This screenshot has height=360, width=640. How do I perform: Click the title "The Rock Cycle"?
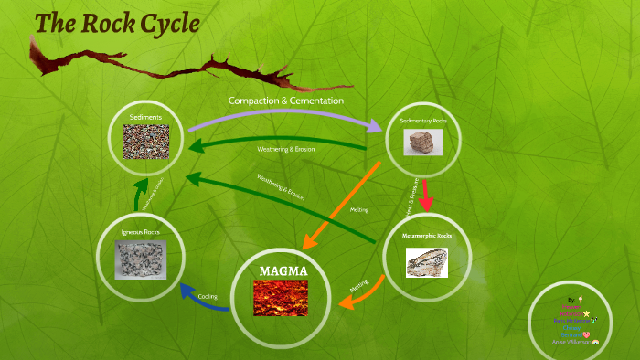tap(116, 24)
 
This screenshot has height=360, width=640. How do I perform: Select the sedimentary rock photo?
tap(423, 141)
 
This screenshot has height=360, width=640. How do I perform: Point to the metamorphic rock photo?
tap(427, 260)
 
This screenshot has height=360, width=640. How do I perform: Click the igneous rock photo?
tap(140, 260)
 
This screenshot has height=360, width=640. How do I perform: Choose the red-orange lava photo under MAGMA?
tap(281, 298)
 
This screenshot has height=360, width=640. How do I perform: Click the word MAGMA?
tap(283, 271)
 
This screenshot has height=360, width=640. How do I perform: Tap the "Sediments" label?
tap(145, 118)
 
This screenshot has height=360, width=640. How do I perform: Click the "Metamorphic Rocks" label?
tap(426, 236)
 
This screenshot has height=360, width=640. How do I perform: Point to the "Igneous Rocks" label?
tap(140, 233)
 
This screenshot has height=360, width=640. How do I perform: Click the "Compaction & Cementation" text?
tap(286, 100)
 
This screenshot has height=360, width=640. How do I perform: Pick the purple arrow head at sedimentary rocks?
tap(378, 129)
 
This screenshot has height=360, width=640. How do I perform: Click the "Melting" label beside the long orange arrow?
tap(359, 210)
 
